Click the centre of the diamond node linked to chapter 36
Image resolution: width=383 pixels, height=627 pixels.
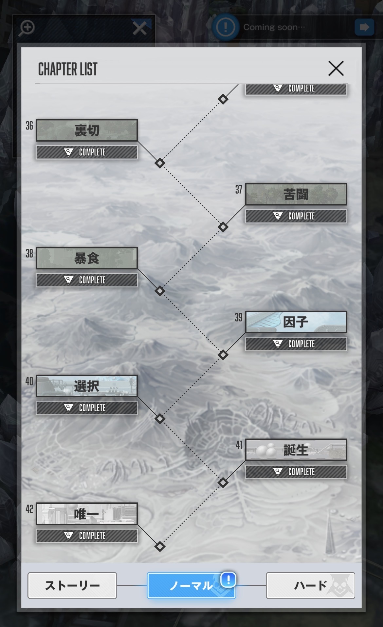(x=160, y=163)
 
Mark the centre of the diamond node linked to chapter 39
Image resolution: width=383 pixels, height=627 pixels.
(x=223, y=355)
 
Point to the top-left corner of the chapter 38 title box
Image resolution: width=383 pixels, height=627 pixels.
(x=36, y=247)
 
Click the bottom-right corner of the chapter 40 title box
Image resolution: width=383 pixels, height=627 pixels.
(x=137, y=397)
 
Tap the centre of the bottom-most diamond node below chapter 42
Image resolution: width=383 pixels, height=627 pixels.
(x=160, y=546)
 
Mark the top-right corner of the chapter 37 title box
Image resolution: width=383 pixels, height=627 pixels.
(x=347, y=184)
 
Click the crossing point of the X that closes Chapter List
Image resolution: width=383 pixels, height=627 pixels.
(x=336, y=68)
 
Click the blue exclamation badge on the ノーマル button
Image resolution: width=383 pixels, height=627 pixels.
(x=228, y=579)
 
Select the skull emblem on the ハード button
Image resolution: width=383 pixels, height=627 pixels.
(x=342, y=585)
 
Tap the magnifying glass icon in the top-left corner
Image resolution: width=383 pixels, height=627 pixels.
(x=27, y=28)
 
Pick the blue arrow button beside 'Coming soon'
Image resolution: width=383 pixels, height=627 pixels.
(x=364, y=27)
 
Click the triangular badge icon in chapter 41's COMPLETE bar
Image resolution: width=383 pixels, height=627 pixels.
(x=278, y=472)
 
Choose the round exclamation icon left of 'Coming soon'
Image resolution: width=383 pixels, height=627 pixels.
(x=225, y=27)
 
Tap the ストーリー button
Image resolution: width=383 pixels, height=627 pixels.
(x=72, y=585)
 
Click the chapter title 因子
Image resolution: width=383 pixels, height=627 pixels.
(x=296, y=322)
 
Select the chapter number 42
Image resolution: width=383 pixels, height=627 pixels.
(x=29, y=509)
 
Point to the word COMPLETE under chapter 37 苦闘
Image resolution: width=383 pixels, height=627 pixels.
(x=301, y=216)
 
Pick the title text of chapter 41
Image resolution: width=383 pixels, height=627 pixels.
(x=296, y=450)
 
